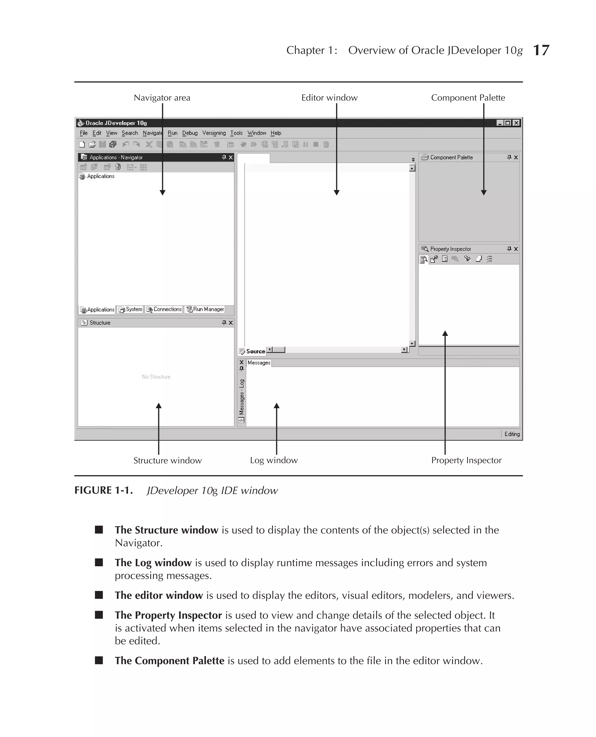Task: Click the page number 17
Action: tap(541, 50)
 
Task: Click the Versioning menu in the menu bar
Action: tap(214, 133)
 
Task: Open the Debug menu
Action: tap(189, 133)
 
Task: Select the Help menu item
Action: tap(276, 133)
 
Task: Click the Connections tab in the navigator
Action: tap(164, 309)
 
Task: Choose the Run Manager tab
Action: tap(205, 309)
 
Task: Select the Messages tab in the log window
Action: tap(259, 363)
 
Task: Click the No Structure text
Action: tap(156, 377)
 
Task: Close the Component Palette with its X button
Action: tap(516, 157)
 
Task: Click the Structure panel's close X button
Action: tap(231, 323)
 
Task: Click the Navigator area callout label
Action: tap(162, 98)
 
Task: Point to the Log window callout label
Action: tap(274, 460)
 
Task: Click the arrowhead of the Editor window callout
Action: tap(336, 193)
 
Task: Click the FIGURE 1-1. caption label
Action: tap(103, 490)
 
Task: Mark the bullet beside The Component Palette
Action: tap(99, 661)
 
